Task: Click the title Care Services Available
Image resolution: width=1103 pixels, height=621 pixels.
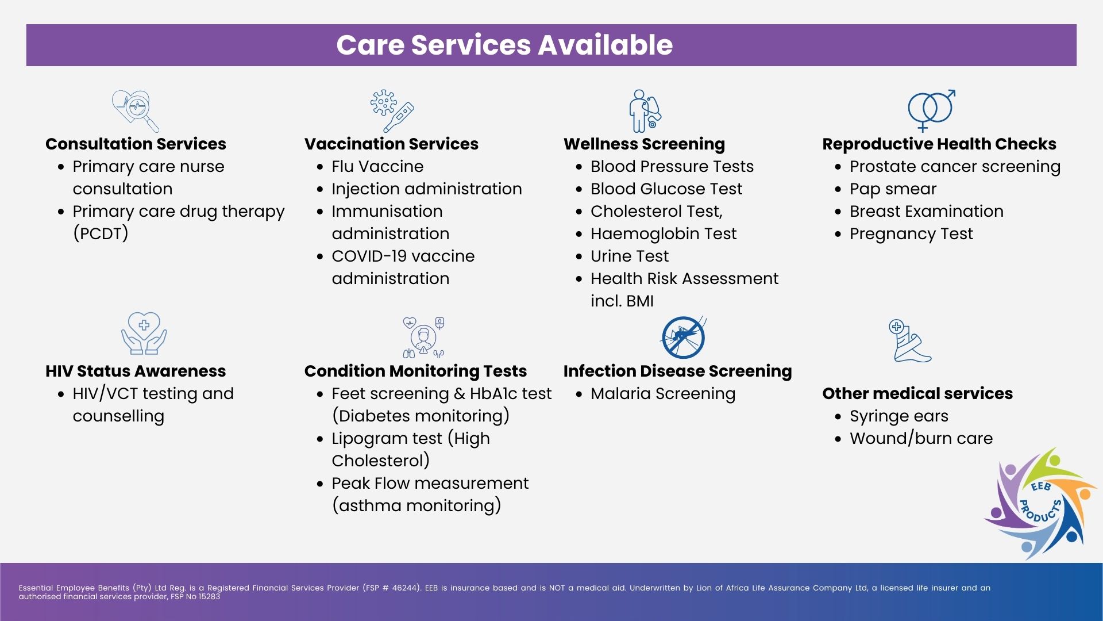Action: click(x=504, y=45)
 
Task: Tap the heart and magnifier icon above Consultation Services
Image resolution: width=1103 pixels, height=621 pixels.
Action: click(x=135, y=111)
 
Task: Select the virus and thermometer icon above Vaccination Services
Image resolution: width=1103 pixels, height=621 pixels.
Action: click(x=392, y=111)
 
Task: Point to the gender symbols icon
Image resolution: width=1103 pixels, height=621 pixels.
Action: click(x=931, y=110)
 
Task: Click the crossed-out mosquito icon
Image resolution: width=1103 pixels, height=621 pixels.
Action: click(x=683, y=337)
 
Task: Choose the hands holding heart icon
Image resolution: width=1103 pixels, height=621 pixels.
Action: click(x=144, y=333)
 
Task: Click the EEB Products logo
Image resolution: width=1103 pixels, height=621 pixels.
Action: click(x=1040, y=504)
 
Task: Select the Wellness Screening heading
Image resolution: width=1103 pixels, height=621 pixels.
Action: click(x=644, y=144)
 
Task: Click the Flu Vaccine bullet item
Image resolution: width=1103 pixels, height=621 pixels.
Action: click(x=377, y=166)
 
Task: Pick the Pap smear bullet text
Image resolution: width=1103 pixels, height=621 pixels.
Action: click(x=893, y=189)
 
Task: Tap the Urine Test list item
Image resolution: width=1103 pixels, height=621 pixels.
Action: click(x=630, y=256)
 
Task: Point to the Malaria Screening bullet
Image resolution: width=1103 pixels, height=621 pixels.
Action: click(x=663, y=393)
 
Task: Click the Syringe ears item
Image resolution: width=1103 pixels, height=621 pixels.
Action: click(x=899, y=416)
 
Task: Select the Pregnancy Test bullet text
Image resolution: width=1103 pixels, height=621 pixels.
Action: click(x=911, y=233)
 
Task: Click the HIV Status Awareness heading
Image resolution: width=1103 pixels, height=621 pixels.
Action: click(x=136, y=371)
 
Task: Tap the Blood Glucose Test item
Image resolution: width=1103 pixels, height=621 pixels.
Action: click(x=666, y=189)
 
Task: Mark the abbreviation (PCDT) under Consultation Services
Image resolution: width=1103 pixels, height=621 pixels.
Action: click(x=101, y=233)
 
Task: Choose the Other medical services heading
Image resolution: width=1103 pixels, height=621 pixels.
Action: click(x=917, y=393)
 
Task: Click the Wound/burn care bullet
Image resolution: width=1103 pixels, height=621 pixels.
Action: click(x=921, y=438)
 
